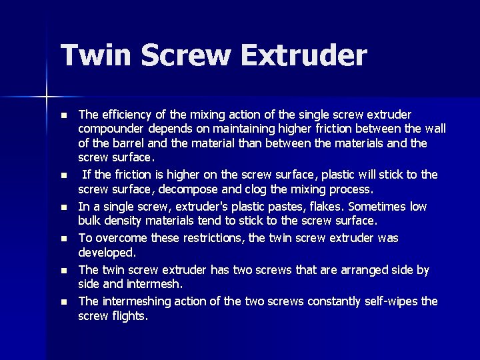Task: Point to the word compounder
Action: pyautogui.click(x=110, y=129)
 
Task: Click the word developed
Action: pyautogui.click(x=107, y=253)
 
